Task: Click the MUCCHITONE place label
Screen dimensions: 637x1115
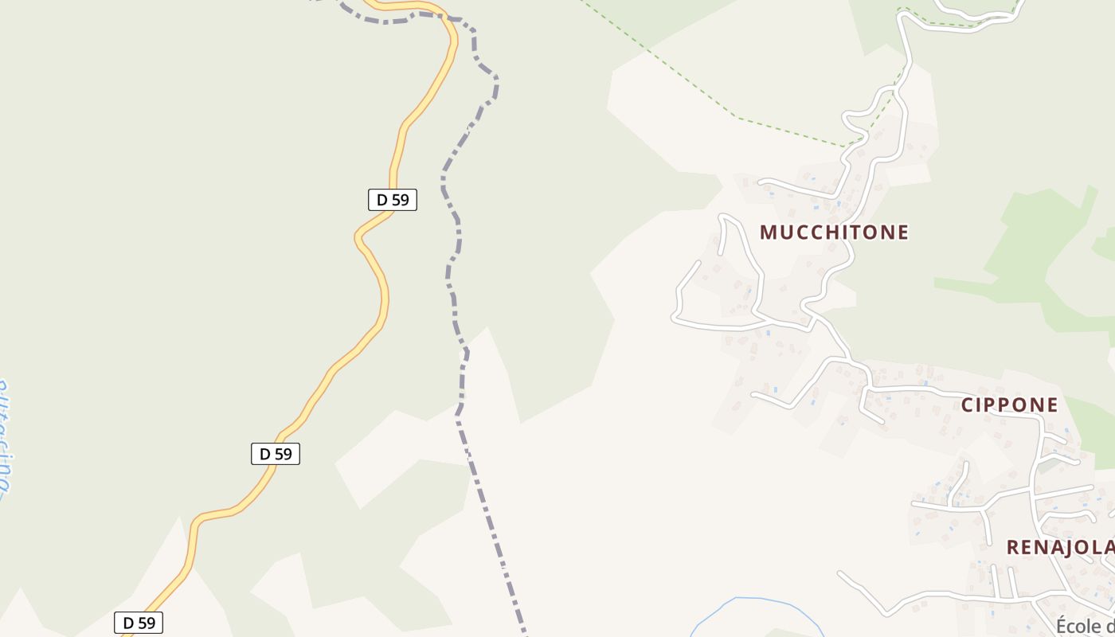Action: (x=834, y=233)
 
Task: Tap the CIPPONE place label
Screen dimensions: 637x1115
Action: (x=1009, y=404)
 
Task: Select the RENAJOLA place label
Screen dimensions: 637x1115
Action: (x=1059, y=548)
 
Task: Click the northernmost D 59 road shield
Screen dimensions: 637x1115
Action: (x=392, y=200)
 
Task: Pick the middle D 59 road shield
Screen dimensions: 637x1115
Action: (x=276, y=454)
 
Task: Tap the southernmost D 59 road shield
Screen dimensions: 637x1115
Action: (x=139, y=623)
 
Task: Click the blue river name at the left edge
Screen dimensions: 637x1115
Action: (x=5, y=438)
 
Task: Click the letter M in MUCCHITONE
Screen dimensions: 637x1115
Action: (x=769, y=233)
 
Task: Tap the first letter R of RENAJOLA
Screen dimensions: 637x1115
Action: (x=1014, y=548)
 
